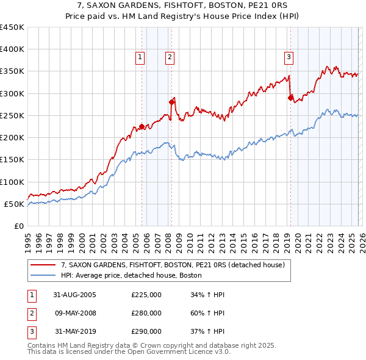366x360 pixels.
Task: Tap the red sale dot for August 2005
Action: point(142,127)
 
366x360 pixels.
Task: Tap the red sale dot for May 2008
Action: point(171,103)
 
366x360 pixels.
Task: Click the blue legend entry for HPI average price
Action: point(131,276)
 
